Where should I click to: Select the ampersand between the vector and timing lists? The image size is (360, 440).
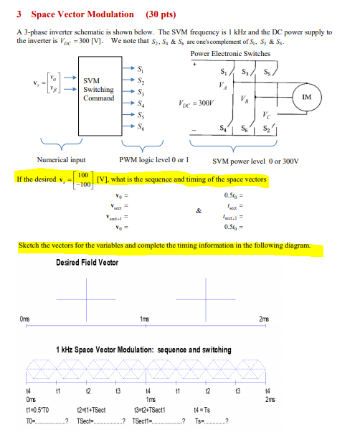(189, 210)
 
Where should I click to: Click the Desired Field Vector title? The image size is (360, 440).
(87, 263)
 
